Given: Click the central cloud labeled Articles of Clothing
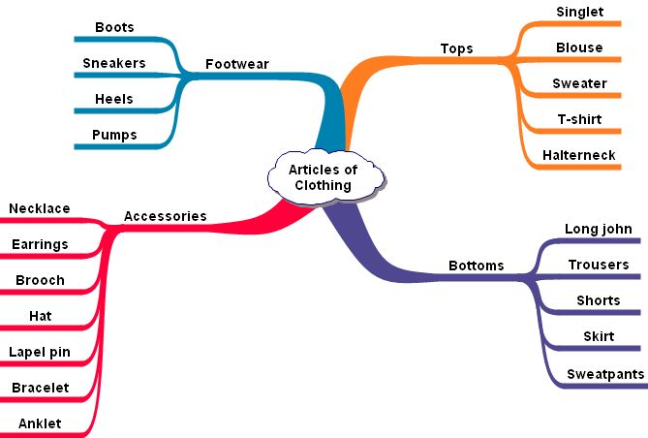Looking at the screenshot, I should tap(324, 176).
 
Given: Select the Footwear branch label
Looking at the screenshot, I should tap(236, 65).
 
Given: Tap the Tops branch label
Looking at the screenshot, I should tap(456, 48).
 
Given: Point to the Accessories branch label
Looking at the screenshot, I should tap(165, 216).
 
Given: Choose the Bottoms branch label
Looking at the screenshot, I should tap(476, 265).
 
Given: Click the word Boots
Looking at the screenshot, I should tap(114, 27).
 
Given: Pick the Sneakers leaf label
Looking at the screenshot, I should tap(114, 63).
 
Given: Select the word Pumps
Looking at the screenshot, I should tap(114, 135).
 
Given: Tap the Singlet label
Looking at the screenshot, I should tap(579, 12).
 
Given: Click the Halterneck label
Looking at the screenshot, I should tap(579, 155).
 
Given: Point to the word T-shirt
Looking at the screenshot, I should tap(579, 119).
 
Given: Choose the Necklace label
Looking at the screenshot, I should tap(39, 208).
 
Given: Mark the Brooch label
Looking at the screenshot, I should tap(40, 280).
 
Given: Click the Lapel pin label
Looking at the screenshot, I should tap(39, 352).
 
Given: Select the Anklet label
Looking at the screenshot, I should tap(40, 423).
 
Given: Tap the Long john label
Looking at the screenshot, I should tap(598, 229).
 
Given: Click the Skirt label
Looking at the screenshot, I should tap(598, 336).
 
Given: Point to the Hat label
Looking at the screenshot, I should tap(40, 316).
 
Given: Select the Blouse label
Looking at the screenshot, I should tap(579, 47).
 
